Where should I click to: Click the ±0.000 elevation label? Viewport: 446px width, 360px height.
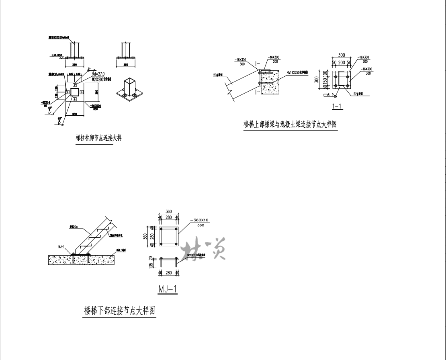tap(57, 55)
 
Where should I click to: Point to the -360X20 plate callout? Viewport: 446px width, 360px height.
tap(96, 106)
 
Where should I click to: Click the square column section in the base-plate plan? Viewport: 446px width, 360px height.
tap(75, 92)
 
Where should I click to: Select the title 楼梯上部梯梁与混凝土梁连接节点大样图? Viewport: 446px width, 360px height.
tap(290, 125)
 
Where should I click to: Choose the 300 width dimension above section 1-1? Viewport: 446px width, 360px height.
tap(342, 55)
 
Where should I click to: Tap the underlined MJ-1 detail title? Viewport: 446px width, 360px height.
tap(168, 289)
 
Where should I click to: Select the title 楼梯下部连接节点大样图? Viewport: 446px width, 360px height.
tap(119, 311)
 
